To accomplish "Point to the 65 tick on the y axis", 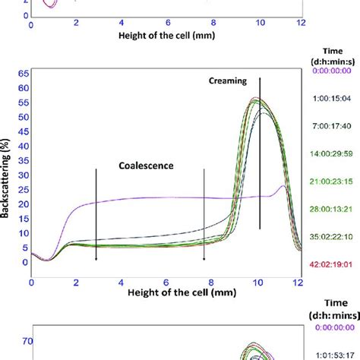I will click(23, 74).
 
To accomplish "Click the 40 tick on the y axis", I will click(23, 146).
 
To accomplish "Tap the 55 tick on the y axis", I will click(23, 103).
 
